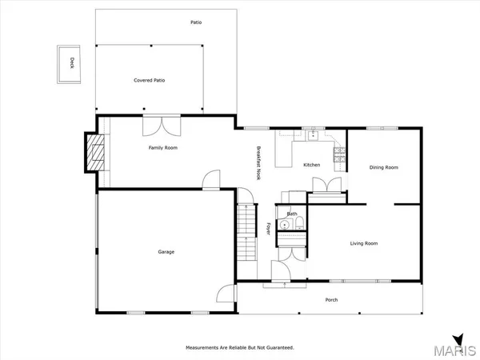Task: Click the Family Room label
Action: click(163, 148)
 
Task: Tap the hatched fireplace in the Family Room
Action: click(96, 150)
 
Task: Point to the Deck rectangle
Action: click(71, 62)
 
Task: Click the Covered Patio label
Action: click(149, 80)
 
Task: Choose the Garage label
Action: click(166, 252)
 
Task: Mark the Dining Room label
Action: click(383, 167)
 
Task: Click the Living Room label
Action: click(364, 243)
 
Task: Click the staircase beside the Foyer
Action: click(246, 232)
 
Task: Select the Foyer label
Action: click(267, 228)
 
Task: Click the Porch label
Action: click(330, 301)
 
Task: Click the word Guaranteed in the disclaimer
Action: click(276, 348)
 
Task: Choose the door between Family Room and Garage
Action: click(210, 181)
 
